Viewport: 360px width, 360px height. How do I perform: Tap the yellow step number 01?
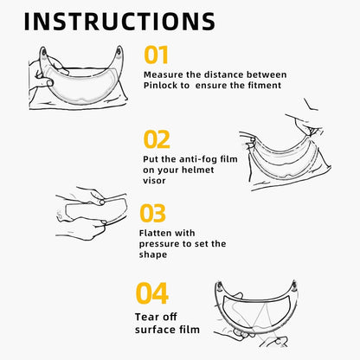click(x=157, y=55)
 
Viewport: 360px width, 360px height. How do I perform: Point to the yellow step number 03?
click(x=152, y=212)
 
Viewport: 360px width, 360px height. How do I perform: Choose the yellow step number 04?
click(x=151, y=292)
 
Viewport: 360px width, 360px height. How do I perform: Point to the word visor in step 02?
click(x=157, y=181)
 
